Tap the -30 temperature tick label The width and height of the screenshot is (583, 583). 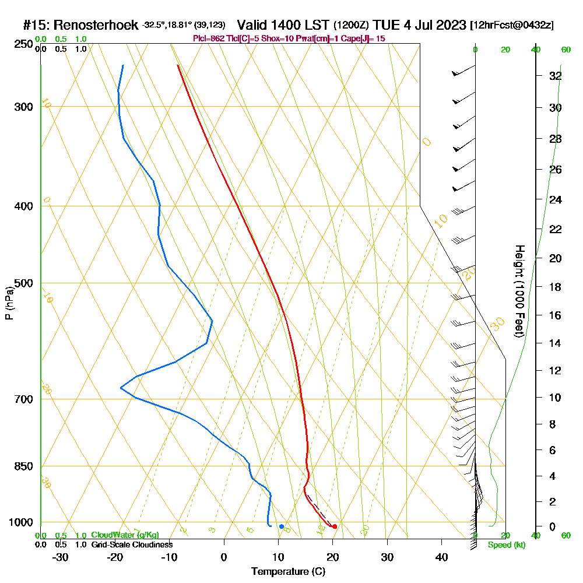tap(61, 557)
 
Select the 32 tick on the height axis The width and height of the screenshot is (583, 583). tap(555, 76)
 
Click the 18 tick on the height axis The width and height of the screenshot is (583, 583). tap(555, 287)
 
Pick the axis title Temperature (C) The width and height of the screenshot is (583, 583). tap(288, 572)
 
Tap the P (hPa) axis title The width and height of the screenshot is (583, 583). tap(9, 303)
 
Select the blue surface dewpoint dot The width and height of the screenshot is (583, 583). tap(282, 526)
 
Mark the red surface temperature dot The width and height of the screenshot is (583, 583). tap(334, 526)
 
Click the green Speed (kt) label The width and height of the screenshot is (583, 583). tap(507, 545)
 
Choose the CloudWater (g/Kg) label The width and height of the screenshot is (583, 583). tap(125, 535)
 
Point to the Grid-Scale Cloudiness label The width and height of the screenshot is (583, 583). tap(132, 545)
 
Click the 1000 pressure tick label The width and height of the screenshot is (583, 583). tap(22, 522)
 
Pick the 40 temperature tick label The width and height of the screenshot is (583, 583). tap(441, 557)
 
